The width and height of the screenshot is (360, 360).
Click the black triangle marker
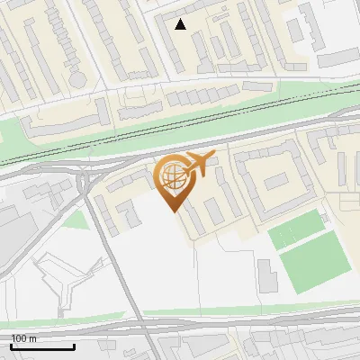pyautogui.click(x=181, y=24)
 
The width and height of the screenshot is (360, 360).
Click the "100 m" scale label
pyautogui.click(x=24, y=338)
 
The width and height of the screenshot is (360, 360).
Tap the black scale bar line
pyautogui.click(x=42, y=346)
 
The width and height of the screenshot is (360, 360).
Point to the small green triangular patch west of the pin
pyautogui.click(x=76, y=219)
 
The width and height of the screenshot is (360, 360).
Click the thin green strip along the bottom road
pyautogui.click(x=225, y=314)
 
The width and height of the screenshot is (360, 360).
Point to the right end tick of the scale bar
pyautogui.click(x=74, y=346)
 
